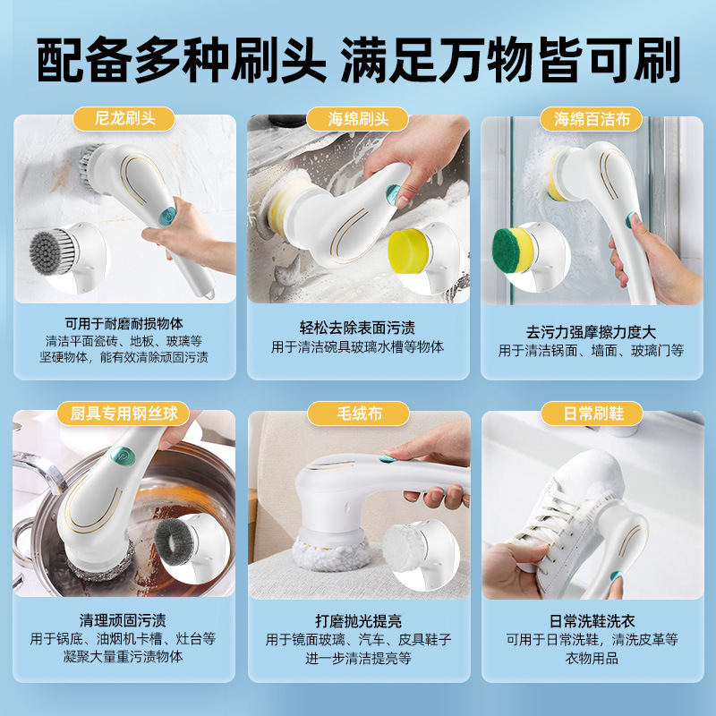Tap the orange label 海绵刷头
(x=357, y=118)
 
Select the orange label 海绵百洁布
(x=591, y=118)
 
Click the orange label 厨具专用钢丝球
(x=124, y=413)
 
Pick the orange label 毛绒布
(x=357, y=413)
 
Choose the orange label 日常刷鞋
(x=591, y=413)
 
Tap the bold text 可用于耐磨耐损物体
(x=124, y=324)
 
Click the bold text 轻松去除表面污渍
(x=357, y=328)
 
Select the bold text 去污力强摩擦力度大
(x=591, y=332)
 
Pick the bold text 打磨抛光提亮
(x=357, y=620)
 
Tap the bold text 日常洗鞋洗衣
(x=591, y=620)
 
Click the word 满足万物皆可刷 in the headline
(x=511, y=60)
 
